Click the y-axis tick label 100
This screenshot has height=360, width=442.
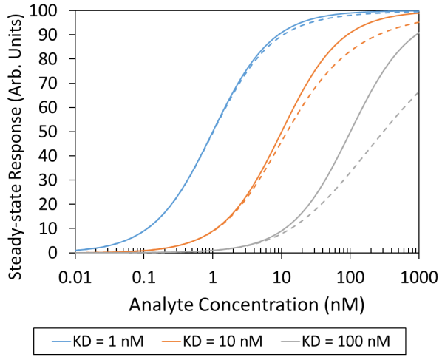tap(56, 11)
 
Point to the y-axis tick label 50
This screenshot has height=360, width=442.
tap(59, 132)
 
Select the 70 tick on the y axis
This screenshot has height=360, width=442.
tap(59, 84)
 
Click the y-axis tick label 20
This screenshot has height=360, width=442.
tap(59, 205)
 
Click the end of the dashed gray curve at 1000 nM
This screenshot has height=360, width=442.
tap(419, 92)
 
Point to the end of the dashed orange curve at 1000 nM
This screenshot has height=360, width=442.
tap(419, 22)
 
